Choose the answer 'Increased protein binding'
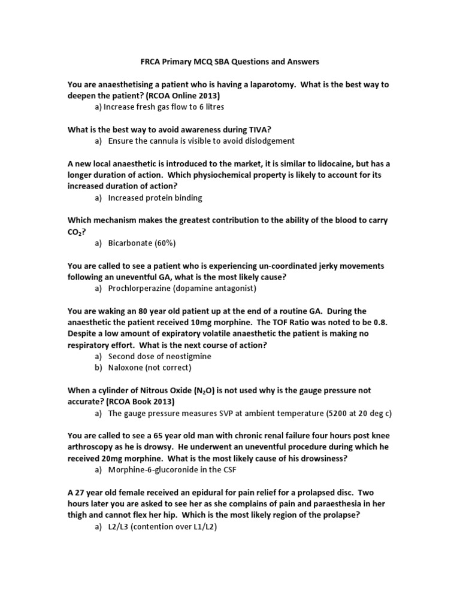[x=155, y=198]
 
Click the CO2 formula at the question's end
[x=74, y=232]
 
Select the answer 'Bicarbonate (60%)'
[x=142, y=243]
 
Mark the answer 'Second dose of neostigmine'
[x=160, y=356]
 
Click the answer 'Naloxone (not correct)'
[x=150, y=368]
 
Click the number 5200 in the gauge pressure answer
[x=321, y=413]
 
